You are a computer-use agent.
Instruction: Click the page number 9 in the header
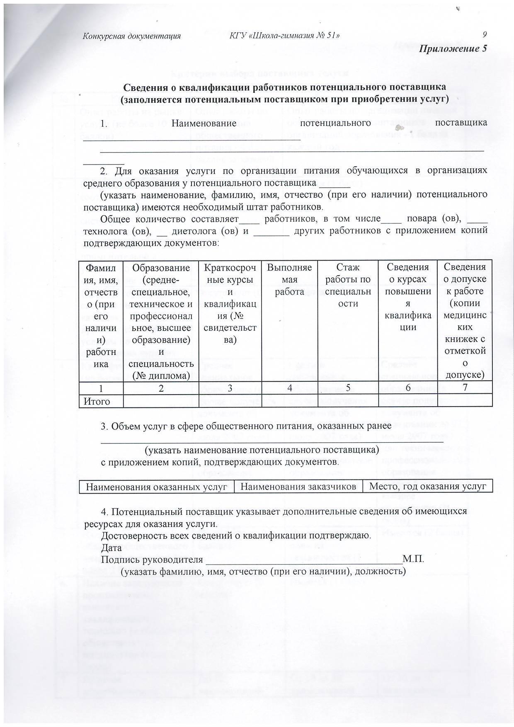tap(485, 35)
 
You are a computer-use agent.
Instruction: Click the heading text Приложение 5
tap(453, 48)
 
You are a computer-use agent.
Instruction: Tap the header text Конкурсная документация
tap(132, 36)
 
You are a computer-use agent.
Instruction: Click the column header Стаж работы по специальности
tap(348, 286)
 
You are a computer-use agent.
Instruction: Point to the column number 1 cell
tap(101, 388)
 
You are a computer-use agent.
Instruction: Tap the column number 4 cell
tap(289, 388)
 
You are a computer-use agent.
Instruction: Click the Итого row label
tap(97, 401)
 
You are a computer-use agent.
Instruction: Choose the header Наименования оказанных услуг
tap(157, 487)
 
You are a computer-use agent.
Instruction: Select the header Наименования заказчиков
tap(298, 487)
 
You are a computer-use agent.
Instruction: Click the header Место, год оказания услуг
tap(427, 487)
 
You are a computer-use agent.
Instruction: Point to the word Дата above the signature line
tap(112, 547)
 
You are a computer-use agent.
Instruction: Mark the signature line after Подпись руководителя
tap(304, 562)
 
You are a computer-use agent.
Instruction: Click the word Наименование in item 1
tap(204, 123)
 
